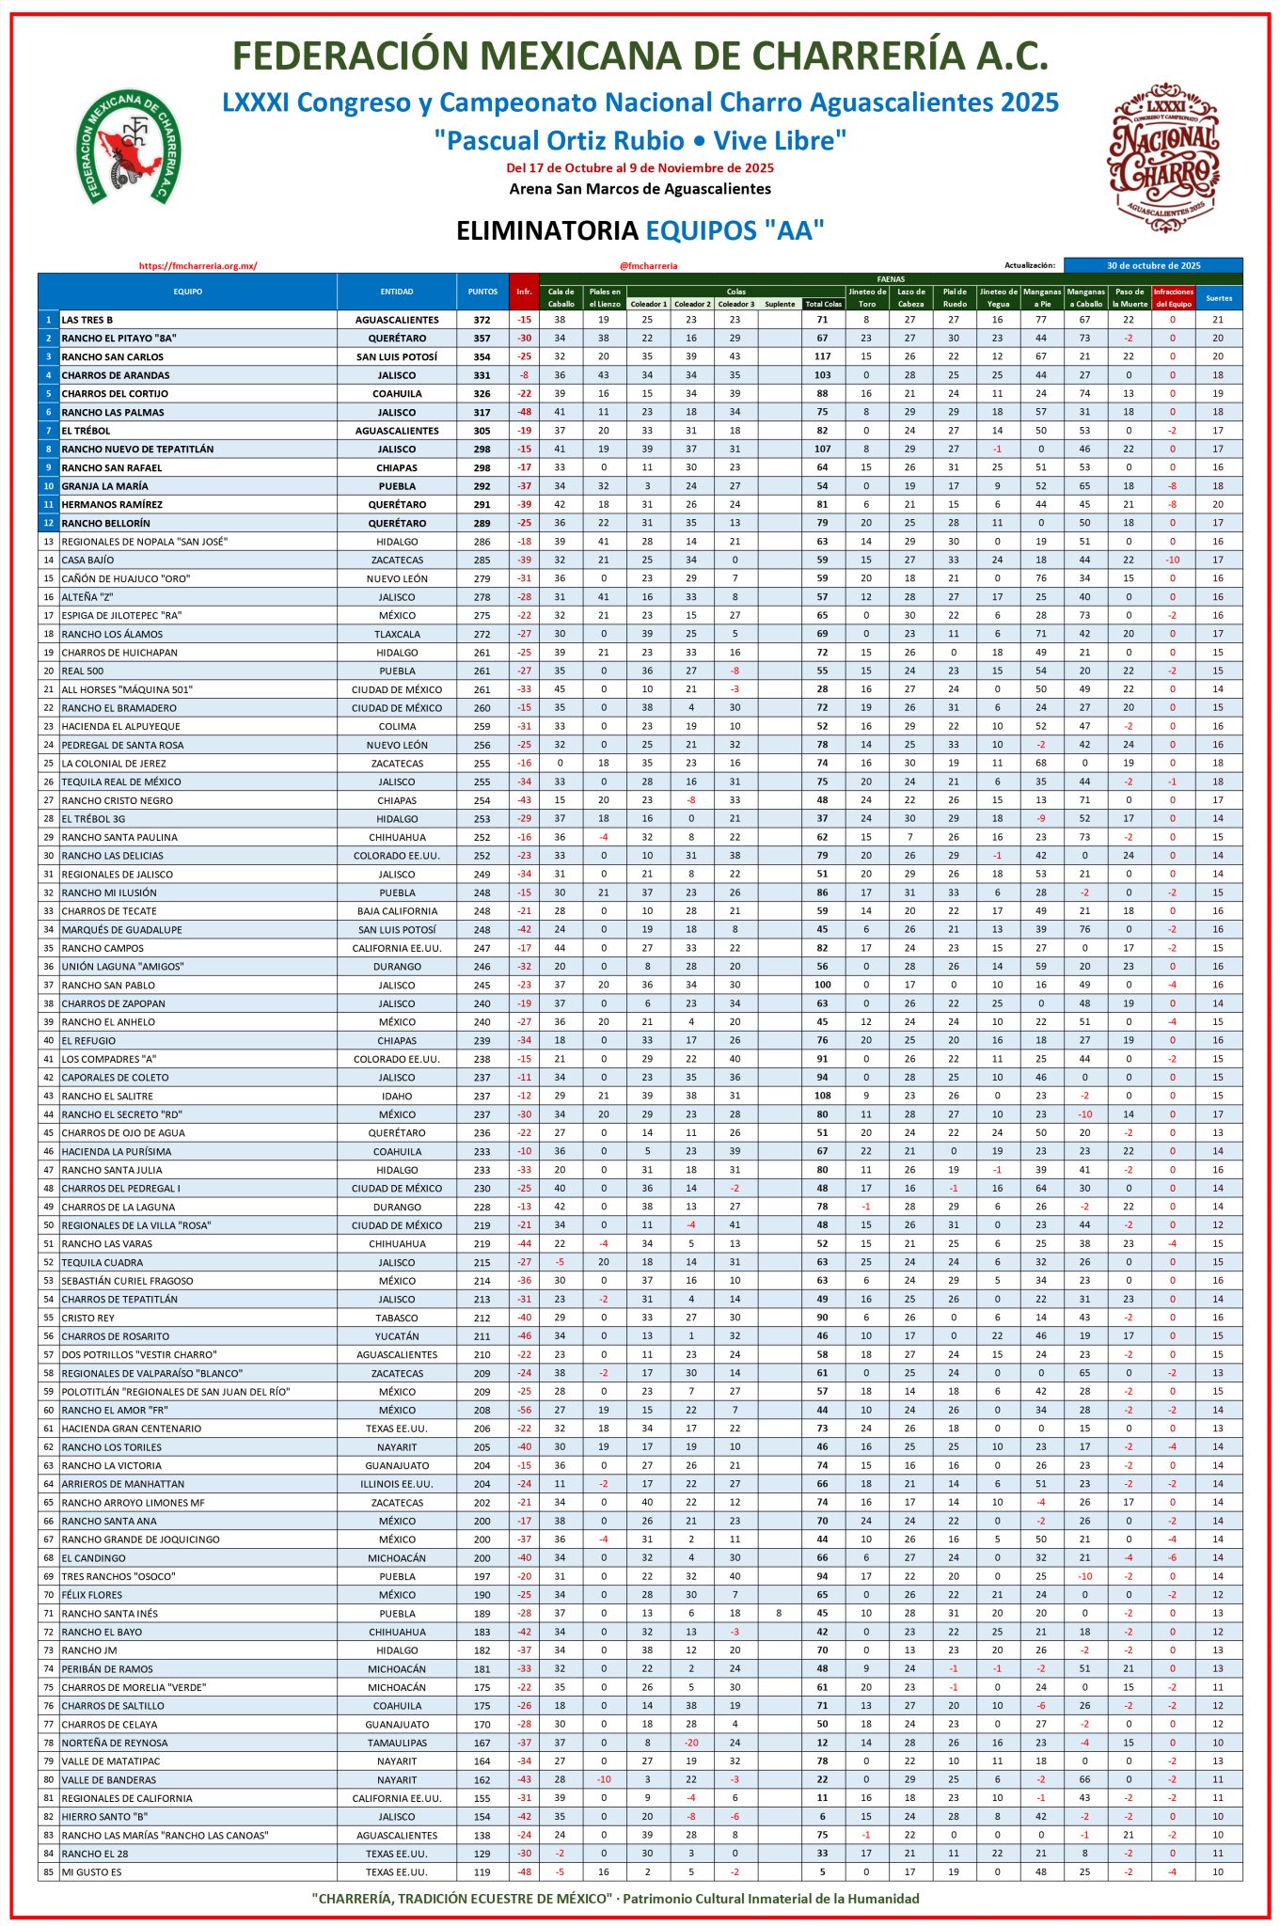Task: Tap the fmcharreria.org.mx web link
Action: (x=198, y=266)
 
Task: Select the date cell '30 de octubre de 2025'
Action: (x=1153, y=265)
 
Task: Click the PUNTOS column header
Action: (x=482, y=292)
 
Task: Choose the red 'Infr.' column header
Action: (x=524, y=292)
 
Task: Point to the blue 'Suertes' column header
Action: (x=1219, y=298)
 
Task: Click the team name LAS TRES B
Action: (x=87, y=320)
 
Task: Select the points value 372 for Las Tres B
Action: (x=482, y=320)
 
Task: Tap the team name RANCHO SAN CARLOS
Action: (x=113, y=357)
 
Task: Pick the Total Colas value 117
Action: (x=823, y=357)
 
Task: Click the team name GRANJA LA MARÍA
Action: (x=104, y=486)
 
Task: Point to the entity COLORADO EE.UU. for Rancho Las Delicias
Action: (x=397, y=856)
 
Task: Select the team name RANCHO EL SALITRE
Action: (x=107, y=1097)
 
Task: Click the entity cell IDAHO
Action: (x=397, y=1097)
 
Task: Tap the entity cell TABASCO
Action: (x=397, y=1318)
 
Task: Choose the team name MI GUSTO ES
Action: (x=92, y=1872)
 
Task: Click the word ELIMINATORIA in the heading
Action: (x=546, y=230)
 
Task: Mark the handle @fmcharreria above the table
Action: (x=648, y=266)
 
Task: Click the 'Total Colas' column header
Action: (x=823, y=304)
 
